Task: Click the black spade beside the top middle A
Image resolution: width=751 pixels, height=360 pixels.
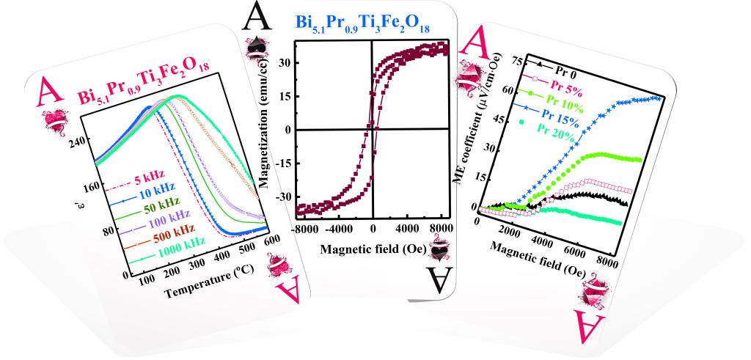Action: (256, 48)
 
